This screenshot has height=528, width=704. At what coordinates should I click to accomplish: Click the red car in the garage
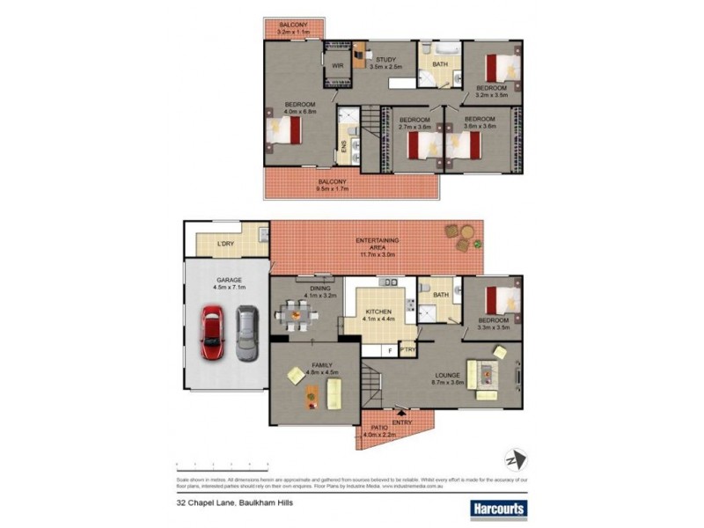pyautogui.click(x=213, y=331)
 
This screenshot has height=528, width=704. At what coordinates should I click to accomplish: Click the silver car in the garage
pyautogui.click(x=247, y=332)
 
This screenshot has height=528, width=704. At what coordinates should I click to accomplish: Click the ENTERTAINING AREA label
pyautogui.click(x=377, y=245)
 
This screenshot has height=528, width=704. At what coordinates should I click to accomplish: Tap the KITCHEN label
pyautogui.click(x=380, y=312)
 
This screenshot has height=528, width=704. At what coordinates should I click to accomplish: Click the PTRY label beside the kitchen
pyautogui.click(x=407, y=349)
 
